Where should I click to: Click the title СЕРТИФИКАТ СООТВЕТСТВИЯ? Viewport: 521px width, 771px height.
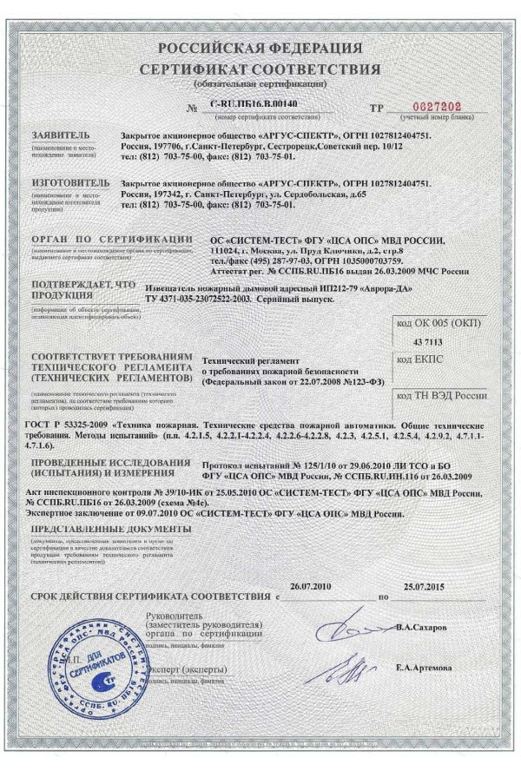pyautogui.click(x=260, y=69)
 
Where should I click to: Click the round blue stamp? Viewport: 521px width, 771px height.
pyautogui.click(x=85, y=669)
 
